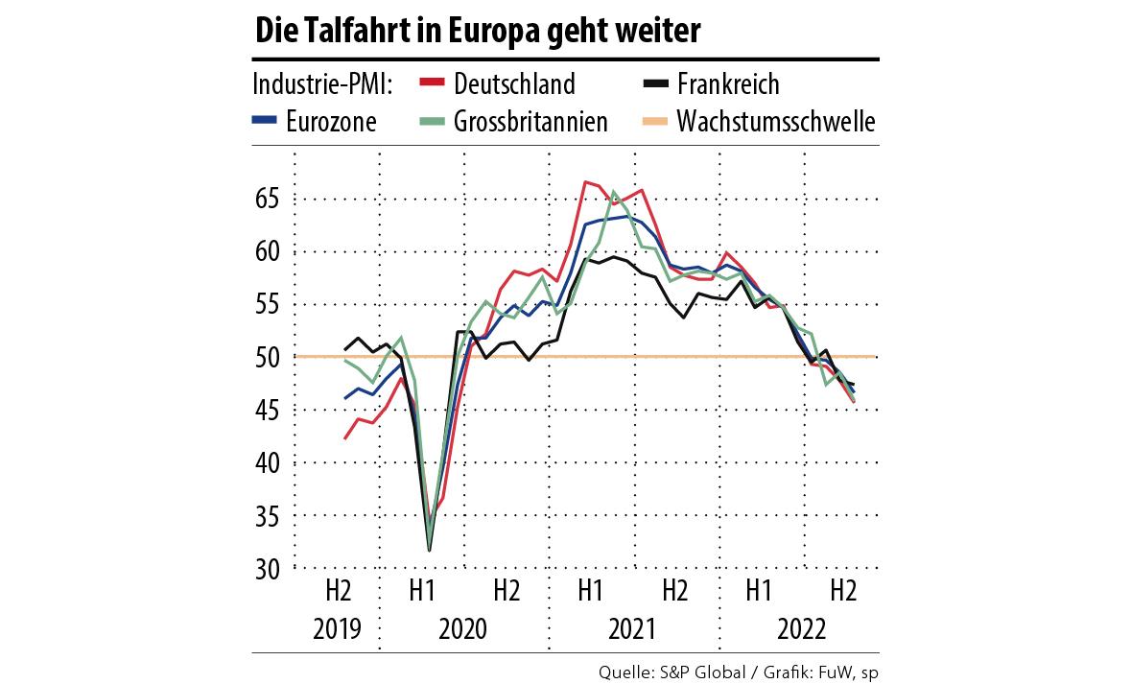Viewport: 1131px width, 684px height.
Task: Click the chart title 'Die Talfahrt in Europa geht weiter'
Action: pyautogui.click(x=478, y=33)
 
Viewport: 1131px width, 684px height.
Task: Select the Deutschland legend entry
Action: pyautogui.click(x=514, y=84)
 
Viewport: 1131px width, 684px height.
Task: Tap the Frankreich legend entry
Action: pyautogui.click(x=727, y=84)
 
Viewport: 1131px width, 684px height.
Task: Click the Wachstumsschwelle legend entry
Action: pyautogui.click(x=775, y=122)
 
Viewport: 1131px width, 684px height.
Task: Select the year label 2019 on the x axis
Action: pyautogui.click(x=337, y=630)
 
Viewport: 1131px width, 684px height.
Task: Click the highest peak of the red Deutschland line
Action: pyautogui.click(x=585, y=181)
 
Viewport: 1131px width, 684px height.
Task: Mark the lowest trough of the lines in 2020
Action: pyautogui.click(x=429, y=550)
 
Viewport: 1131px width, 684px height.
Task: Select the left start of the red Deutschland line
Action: pyautogui.click(x=345, y=438)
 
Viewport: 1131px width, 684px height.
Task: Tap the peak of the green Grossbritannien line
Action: pyautogui.click(x=614, y=191)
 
